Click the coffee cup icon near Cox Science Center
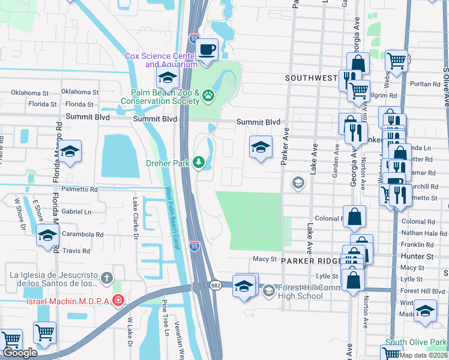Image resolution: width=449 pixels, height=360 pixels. coord(207,50)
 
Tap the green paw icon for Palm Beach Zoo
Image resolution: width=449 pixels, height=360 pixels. coord(208,95)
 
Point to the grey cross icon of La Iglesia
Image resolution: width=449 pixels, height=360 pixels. coord(106,278)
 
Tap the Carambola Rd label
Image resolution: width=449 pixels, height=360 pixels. coord(83,235)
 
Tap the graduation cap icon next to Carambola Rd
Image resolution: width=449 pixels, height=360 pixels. coord(47,235)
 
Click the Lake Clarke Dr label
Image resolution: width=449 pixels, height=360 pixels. coord(136,220)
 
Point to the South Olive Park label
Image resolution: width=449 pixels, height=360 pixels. coord(416,343)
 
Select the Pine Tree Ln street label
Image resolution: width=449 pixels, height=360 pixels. coord(163,322)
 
